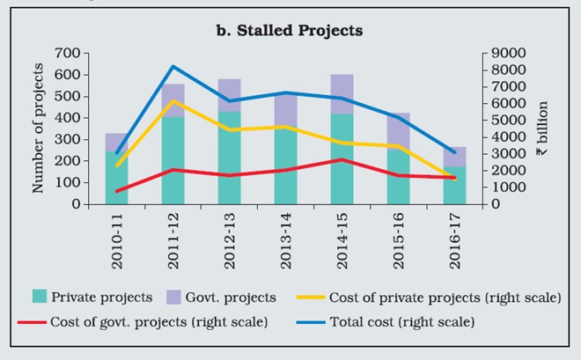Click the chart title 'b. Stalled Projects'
tap(290, 31)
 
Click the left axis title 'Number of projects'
tap(39, 128)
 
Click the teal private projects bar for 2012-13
tap(229, 158)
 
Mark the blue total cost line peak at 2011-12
tap(173, 67)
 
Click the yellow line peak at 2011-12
tap(173, 101)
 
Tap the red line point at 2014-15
tap(342, 159)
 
